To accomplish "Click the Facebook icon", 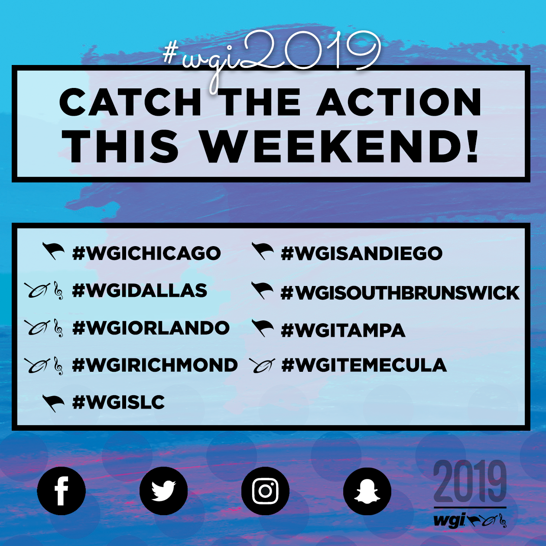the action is (61, 491).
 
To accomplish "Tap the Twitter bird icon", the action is (163, 491).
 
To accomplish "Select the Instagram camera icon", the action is (265, 491).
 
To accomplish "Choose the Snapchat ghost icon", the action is (367, 491).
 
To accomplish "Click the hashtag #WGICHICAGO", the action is (146, 253).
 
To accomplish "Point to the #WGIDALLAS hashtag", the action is (140, 290).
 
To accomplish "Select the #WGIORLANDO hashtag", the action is (151, 328).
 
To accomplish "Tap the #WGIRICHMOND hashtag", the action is (155, 365).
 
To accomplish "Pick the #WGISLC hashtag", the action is (118, 402).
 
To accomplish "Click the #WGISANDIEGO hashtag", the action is (361, 253).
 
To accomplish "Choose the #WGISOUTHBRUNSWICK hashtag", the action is (400, 292).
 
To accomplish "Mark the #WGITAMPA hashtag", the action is (343, 330).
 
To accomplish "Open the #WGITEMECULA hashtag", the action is (364, 365).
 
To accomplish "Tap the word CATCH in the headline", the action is (130, 102).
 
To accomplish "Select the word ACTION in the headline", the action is (399, 102).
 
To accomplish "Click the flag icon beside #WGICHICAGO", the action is (53, 251).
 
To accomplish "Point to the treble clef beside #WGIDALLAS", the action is (58, 291).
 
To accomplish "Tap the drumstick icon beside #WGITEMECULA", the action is (262, 365).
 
